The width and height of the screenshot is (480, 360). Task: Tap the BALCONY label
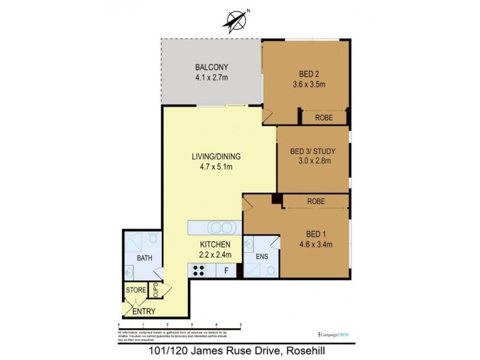click(211, 67)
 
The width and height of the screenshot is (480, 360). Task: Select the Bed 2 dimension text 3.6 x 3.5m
click(308, 85)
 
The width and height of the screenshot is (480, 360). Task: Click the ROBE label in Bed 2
click(325, 118)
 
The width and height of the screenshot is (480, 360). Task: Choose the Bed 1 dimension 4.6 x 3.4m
click(316, 244)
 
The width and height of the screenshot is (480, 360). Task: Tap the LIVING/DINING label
click(212, 157)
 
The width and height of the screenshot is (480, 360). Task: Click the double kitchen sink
click(220, 228)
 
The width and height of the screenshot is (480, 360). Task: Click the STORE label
click(135, 291)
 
